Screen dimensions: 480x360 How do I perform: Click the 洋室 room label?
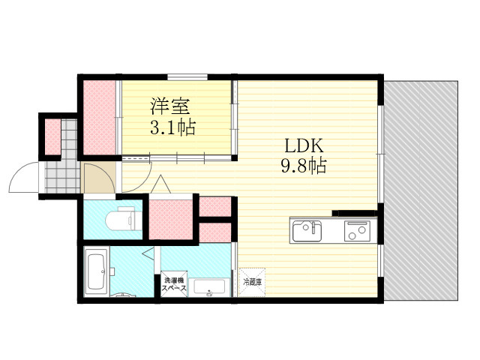click(x=170, y=106)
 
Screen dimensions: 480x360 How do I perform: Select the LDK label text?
click(x=304, y=146)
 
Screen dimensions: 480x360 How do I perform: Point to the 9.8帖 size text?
click(x=303, y=166)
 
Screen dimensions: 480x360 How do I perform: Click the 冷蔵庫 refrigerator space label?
click(x=252, y=282)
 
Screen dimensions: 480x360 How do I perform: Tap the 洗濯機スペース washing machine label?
click(x=174, y=284)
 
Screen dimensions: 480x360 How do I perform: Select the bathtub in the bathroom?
click(x=97, y=271)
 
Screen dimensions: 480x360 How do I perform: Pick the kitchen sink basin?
click(x=307, y=230)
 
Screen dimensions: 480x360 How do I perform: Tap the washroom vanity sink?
click(x=209, y=288)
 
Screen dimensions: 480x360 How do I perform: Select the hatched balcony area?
click(x=421, y=190)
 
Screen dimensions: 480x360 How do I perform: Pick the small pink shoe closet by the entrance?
click(x=53, y=136)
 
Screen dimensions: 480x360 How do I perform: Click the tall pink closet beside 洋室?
click(x=100, y=118)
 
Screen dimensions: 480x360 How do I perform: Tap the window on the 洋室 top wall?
click(x=187, y=76)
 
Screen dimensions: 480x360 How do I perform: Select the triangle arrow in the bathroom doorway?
click(x=148, y=253)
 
